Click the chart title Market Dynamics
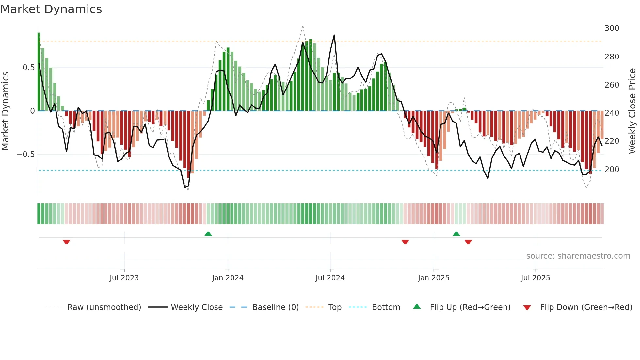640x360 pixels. (51, 9)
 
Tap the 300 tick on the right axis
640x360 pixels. (612, 28)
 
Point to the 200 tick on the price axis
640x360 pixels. (612, 170)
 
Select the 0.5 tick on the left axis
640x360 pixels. (28, 68)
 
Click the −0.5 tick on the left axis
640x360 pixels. (26, 155)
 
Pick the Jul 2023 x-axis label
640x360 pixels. (124, 278)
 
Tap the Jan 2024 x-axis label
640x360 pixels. (228, 278)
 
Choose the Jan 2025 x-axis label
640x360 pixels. (434, 278)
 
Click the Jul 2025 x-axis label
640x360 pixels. (536, 278)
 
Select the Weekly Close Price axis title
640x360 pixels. (632, 111)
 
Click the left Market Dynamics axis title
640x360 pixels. (5, 111)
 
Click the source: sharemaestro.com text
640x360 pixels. (578, 256)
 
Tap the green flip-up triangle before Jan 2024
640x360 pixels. (208, 234)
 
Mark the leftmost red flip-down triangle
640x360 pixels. (66, 242)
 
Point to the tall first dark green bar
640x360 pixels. (39, 72)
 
